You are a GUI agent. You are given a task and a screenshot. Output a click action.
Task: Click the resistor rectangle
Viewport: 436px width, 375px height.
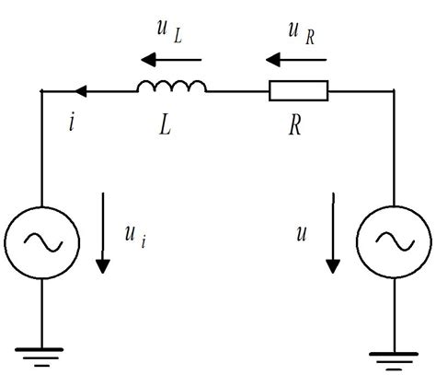click(x=297, y=90)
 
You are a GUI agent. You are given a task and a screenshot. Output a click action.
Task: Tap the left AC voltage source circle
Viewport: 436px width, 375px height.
click(x=42, y=241)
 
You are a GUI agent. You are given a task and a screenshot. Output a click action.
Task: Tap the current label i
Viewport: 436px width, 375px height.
click(x=72, y=123)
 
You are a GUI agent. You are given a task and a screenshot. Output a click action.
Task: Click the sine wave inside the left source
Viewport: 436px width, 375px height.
click(x=42, y=241)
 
